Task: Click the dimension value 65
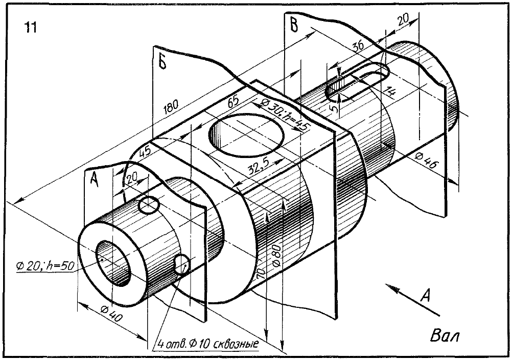coord(233,101)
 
